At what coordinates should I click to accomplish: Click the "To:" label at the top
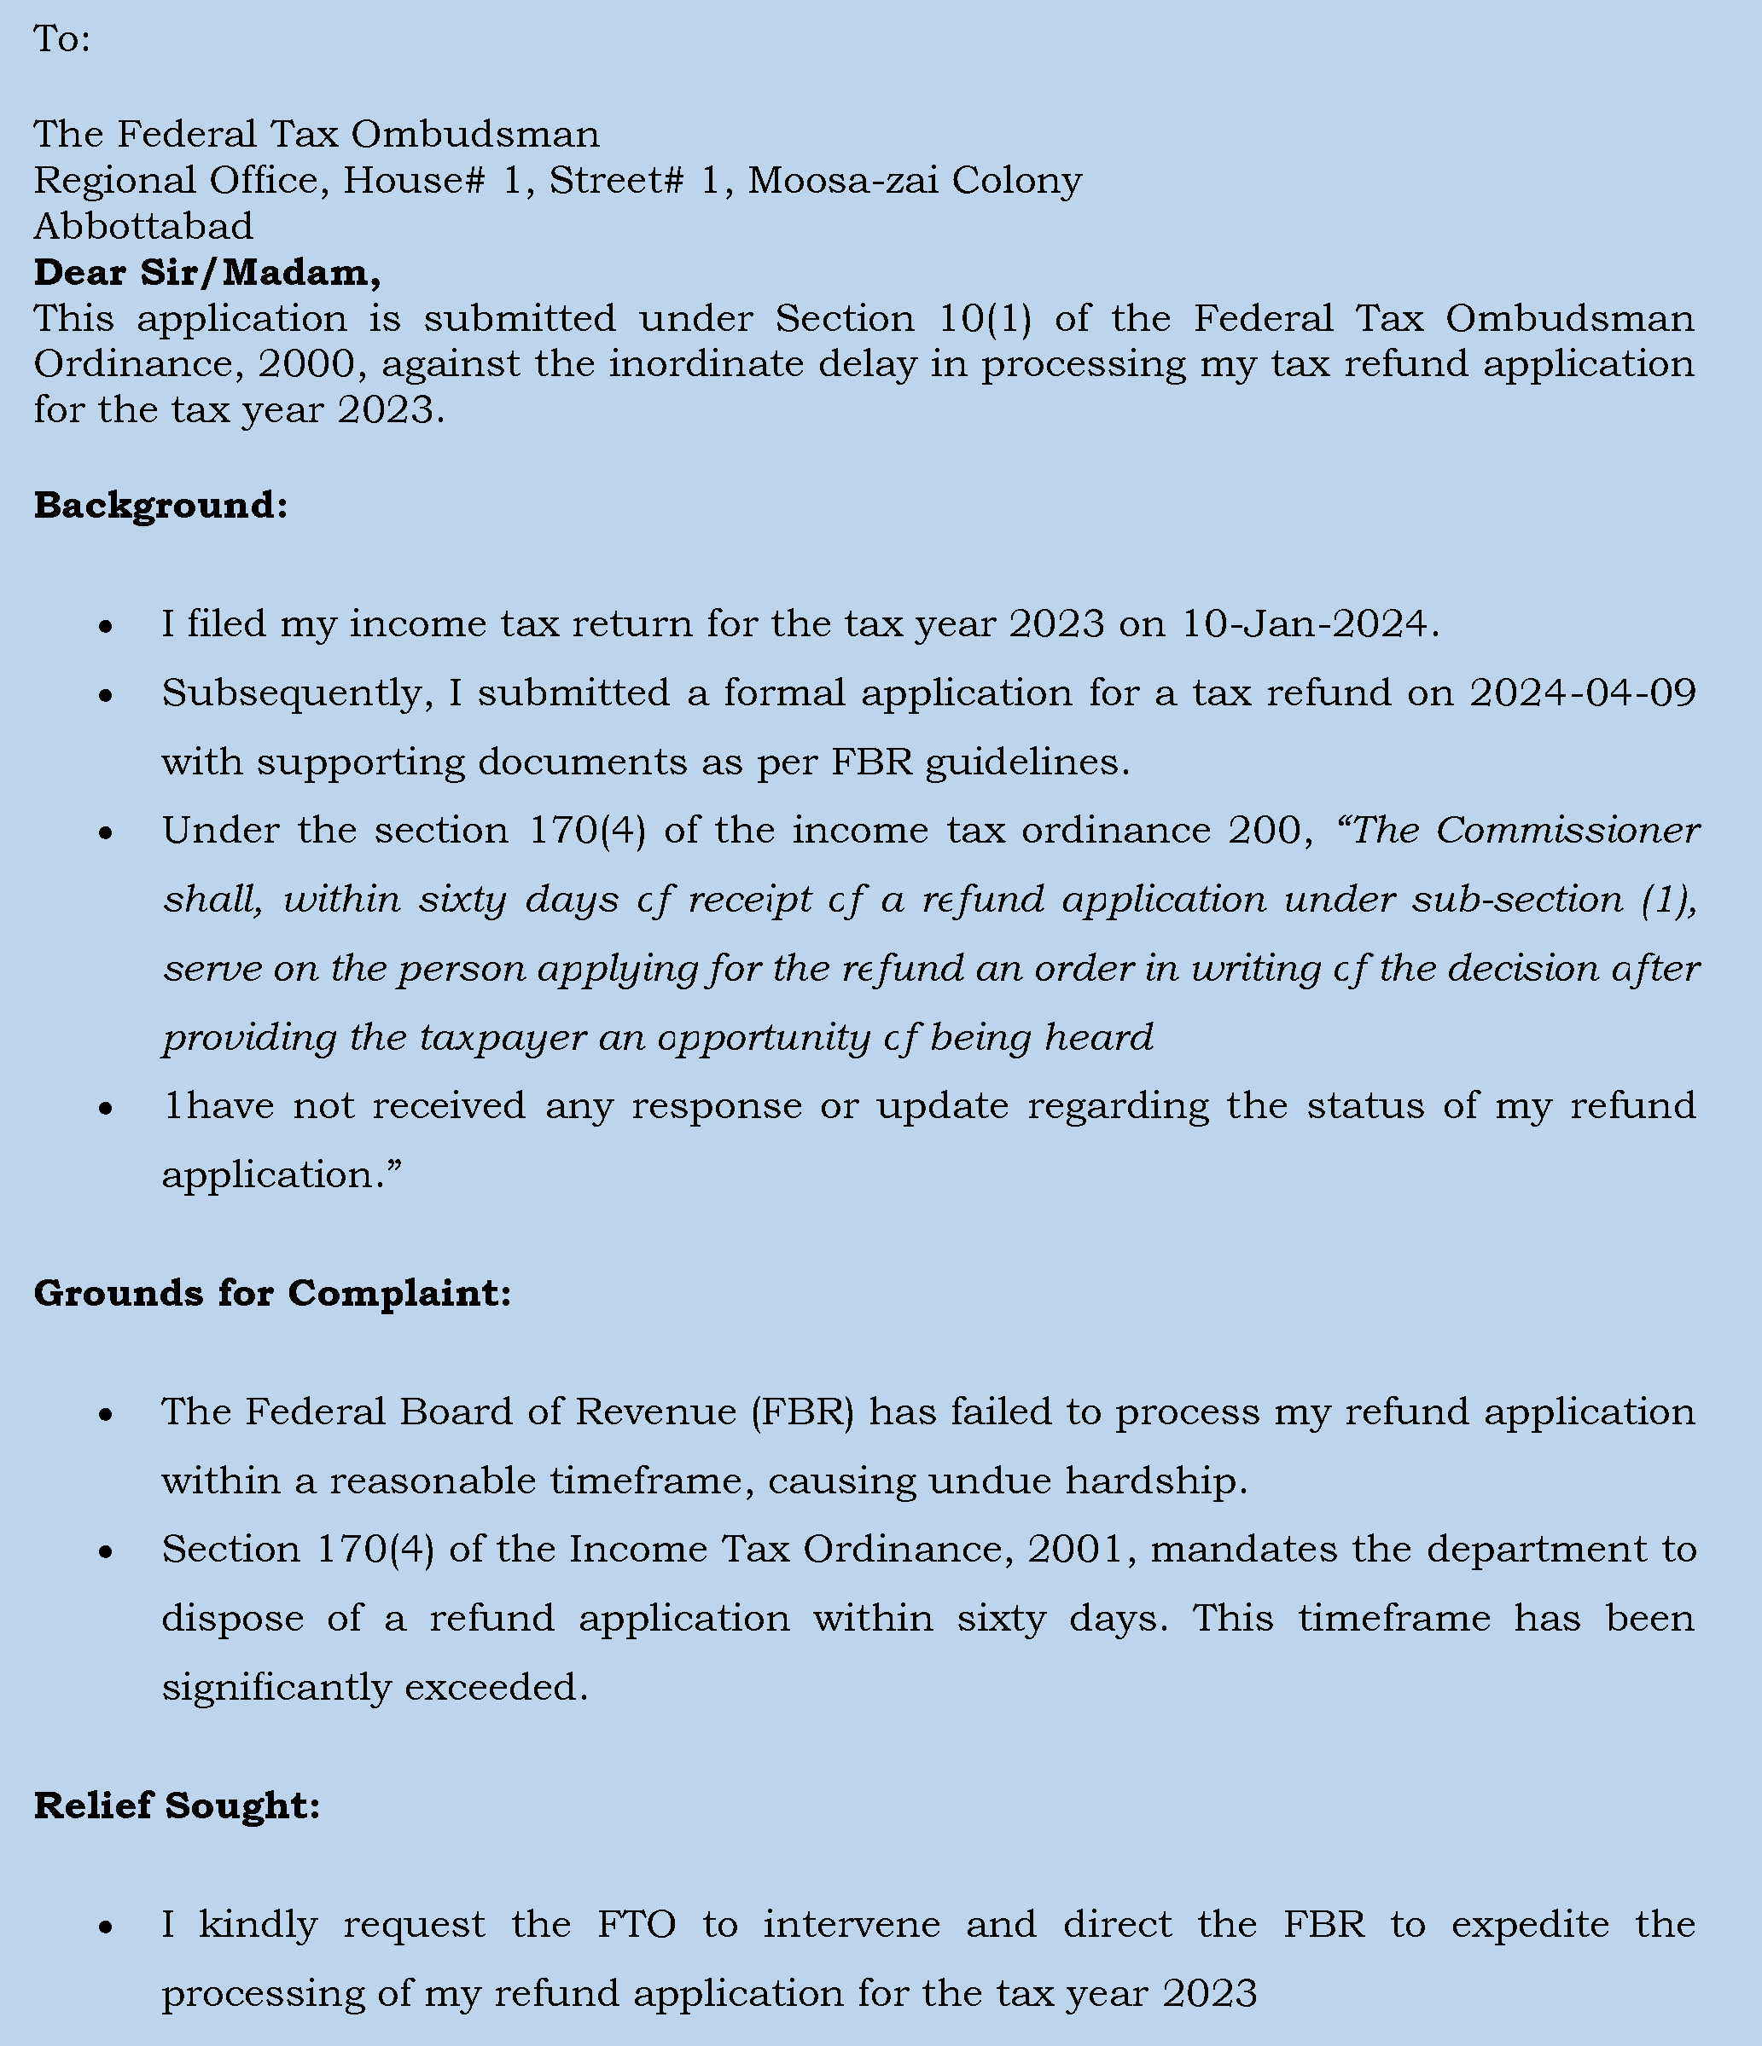pyautogui.click(x=61, y=39)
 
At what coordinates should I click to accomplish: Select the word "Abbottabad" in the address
pyautogui.click(x=143, y=227)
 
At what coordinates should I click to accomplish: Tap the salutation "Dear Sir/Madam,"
pyautogui.click(x=207, y=273)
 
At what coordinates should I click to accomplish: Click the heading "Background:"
pyautogui.click(x=161, y=506)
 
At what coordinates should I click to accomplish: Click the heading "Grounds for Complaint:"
pyautogui.click(x=272, y=1293)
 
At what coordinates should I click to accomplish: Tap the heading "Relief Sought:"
pyautogui.click(x=177, y=1805)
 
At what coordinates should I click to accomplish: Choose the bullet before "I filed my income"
pyautogui.click(x=106, y=627)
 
